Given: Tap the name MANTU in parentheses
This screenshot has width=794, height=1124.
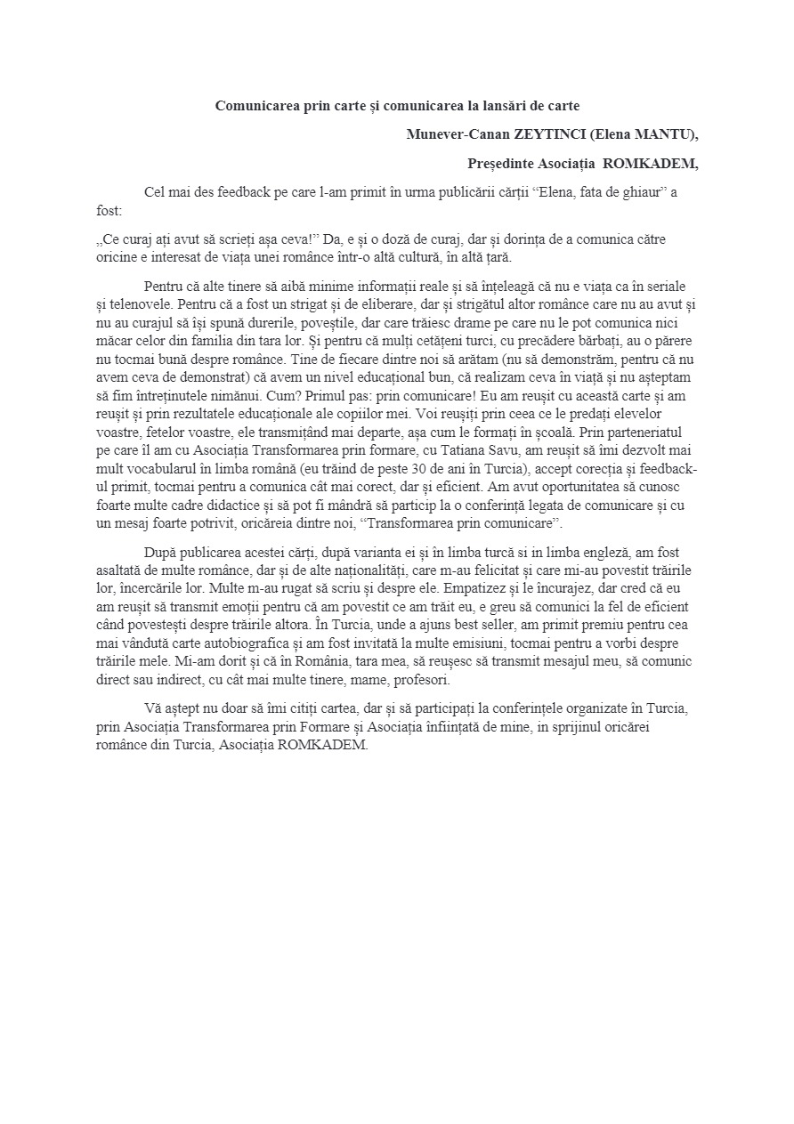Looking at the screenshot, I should pyautogui.click(x=661, y=134).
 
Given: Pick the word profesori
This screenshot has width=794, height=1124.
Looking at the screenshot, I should pyautogui.click(x=423, y=680).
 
